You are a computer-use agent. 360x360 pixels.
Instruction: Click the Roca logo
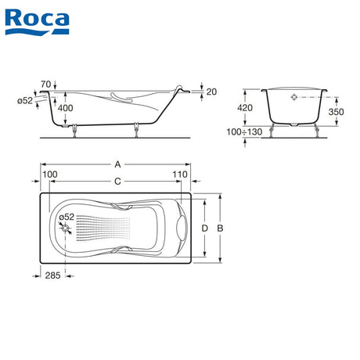point(37,22)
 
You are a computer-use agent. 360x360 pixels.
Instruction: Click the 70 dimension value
point(45,85)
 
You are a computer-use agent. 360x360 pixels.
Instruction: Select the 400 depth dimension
point(65,108)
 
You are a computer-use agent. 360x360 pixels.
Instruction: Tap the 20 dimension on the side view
point(211,92)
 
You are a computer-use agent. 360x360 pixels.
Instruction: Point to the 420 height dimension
point(245,107)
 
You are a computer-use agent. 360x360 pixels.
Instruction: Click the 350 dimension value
point(336,112)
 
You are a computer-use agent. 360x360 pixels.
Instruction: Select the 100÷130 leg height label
point(244,132)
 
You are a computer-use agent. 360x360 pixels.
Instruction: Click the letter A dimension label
point(117,164)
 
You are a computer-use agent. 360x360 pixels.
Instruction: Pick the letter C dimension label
point(117,181)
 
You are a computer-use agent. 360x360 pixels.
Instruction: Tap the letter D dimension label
point(205,229)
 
